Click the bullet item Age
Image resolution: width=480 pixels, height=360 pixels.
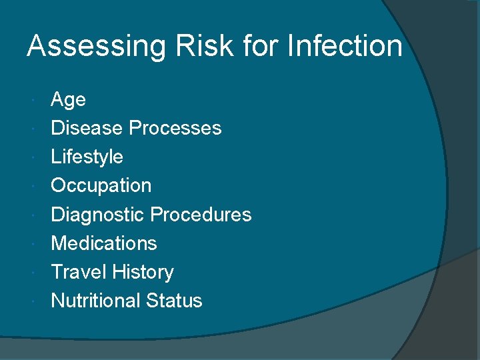click(x=68, y=100)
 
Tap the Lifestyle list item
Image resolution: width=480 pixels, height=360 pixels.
click(x=87, y=157)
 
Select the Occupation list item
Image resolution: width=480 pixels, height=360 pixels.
click(x=101, y=186)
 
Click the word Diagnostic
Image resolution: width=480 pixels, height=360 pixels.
click(x=97, y=215)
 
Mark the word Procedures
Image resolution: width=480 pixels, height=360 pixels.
click(x=201, y=215)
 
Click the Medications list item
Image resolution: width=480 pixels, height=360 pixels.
click(x=103, y=243)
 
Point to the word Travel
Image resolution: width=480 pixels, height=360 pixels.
click(x=79, y=272)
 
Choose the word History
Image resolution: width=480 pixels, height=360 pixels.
click(x=143, y=272)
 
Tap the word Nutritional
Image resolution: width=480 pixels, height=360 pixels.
click(x=94, y=301)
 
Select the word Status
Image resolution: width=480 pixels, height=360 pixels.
click(x=173, y=301)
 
